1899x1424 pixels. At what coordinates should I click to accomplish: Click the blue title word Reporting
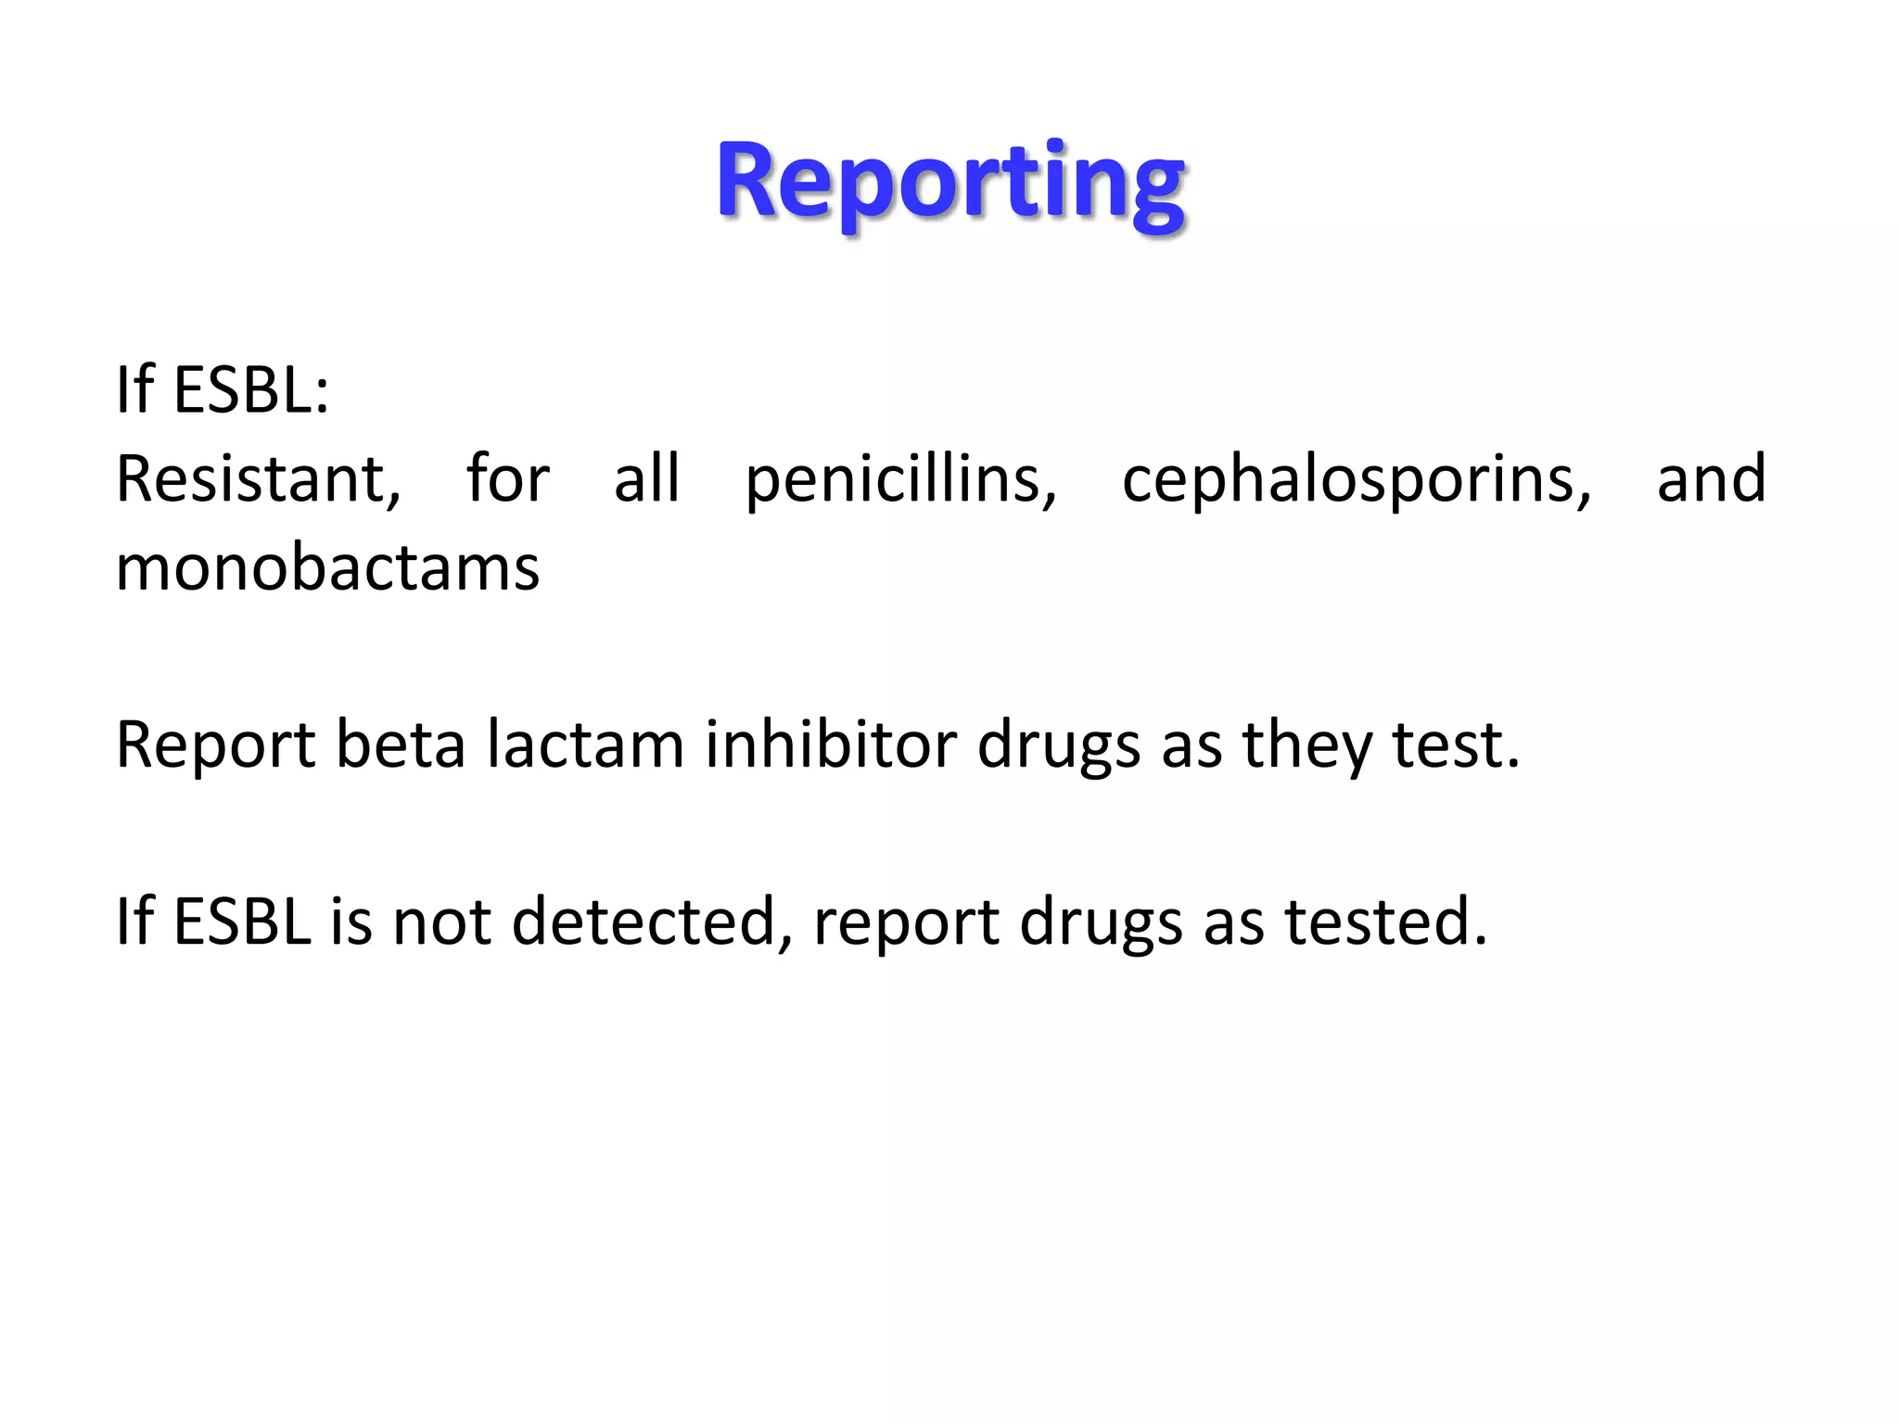(949, 182)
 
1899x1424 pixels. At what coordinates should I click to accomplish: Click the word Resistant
(258, 480)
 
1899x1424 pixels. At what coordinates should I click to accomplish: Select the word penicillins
(900, 480)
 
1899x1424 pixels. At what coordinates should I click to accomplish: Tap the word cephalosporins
(1357, 480)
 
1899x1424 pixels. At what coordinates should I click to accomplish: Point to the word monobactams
(327, 567)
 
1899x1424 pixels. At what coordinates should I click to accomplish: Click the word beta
(400, 744)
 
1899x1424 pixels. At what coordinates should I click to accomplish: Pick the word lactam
(586, 744)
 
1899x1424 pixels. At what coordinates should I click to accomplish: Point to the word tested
(1385, 922)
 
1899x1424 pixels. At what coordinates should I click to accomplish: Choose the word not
(441, 922)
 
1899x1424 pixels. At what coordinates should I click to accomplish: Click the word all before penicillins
(647, 480)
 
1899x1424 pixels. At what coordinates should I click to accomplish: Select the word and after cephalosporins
(1712, 480)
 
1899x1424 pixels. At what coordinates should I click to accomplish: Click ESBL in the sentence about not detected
(242, 922)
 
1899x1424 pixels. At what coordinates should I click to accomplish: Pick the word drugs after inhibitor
(1059, 744)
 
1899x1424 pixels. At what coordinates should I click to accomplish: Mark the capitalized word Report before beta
(215, 744)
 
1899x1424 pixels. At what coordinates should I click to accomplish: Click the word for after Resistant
(508, 480)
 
